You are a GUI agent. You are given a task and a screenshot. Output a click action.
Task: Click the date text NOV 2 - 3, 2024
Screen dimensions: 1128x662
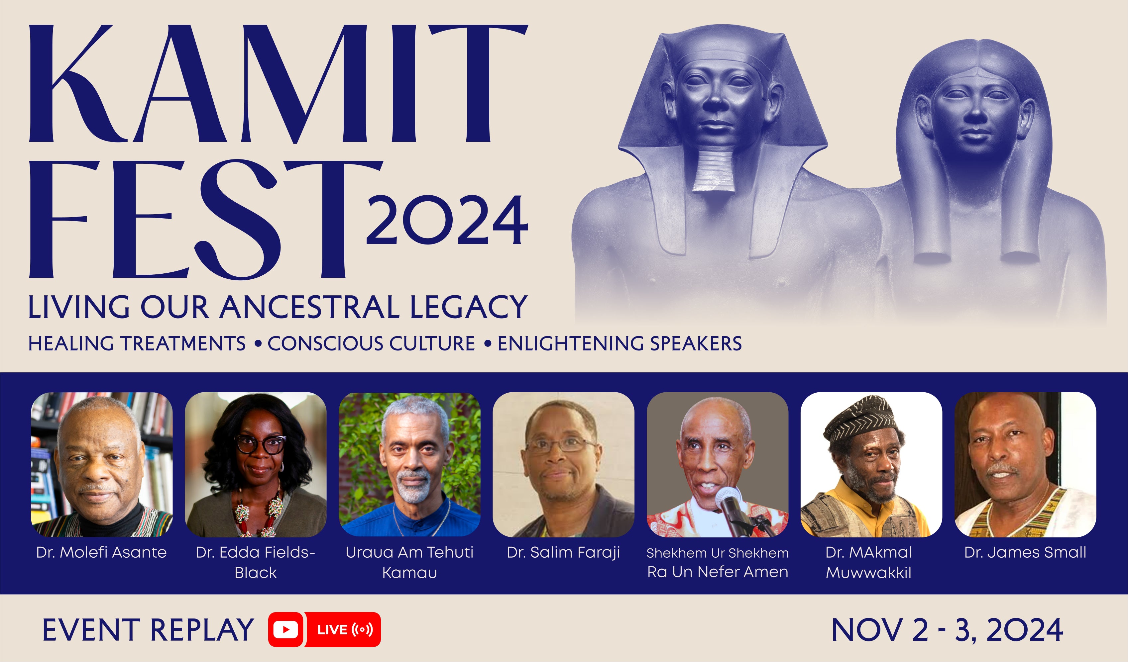click(947, 630)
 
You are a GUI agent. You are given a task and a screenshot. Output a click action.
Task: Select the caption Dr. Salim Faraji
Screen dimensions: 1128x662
click(563, 553)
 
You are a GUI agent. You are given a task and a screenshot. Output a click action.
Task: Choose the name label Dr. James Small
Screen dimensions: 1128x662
click(1025, 552)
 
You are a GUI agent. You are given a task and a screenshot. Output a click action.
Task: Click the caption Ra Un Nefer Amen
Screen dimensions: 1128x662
click(718, 572)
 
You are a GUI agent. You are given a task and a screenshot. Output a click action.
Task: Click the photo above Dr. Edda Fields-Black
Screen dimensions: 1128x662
click(256, 464)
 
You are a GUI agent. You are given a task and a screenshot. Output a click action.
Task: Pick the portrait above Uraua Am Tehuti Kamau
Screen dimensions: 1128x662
click(409, 464)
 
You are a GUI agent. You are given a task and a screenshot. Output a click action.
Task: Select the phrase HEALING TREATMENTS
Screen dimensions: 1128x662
click(137, 343)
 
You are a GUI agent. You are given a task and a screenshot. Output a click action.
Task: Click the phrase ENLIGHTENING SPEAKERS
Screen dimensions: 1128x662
click(620, 343)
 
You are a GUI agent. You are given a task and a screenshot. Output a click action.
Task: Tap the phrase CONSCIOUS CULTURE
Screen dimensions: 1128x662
click(371, 343)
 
